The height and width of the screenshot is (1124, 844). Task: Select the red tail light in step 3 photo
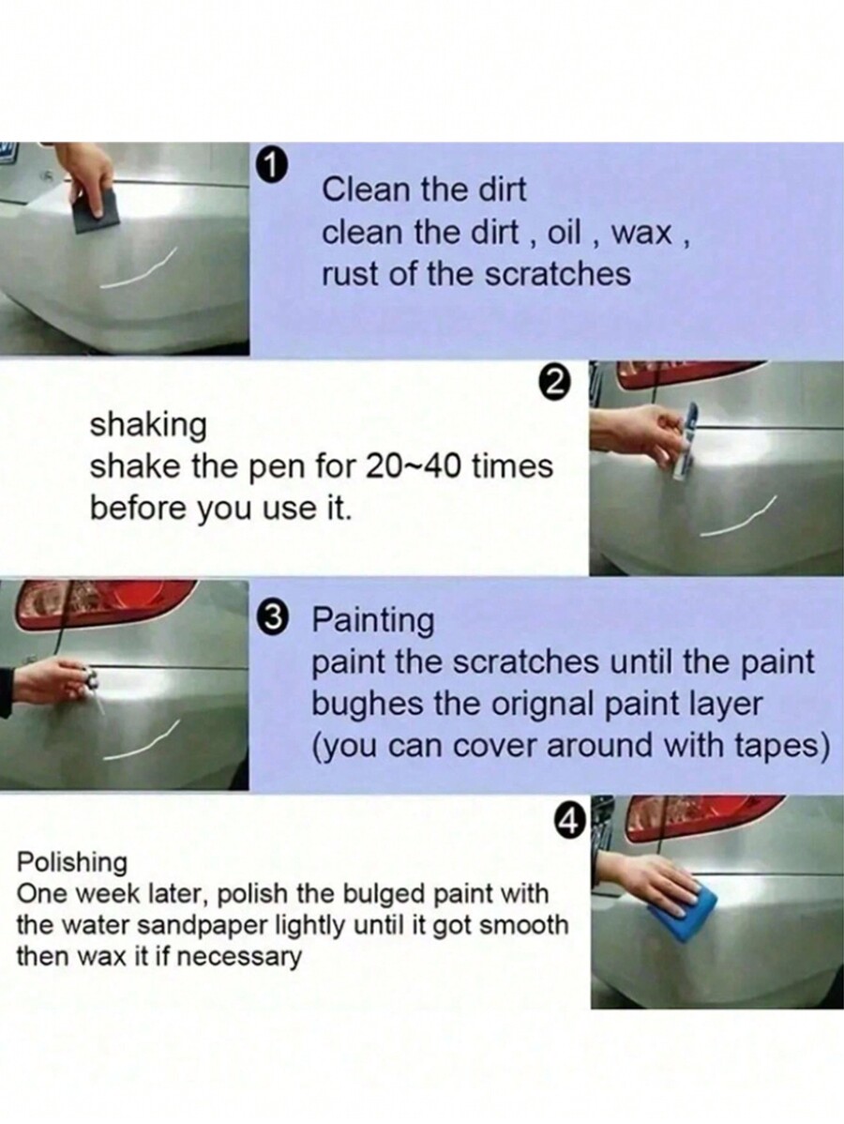pyautogui.click(x=103, y=600)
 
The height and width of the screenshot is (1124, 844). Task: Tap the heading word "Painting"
pyautogui.click(x=372, y=620)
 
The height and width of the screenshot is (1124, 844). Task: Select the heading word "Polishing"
pyautogui.click(x=72, y=861)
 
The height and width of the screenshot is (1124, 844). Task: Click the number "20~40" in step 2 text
pyautogui.click(x=414, y=466)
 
